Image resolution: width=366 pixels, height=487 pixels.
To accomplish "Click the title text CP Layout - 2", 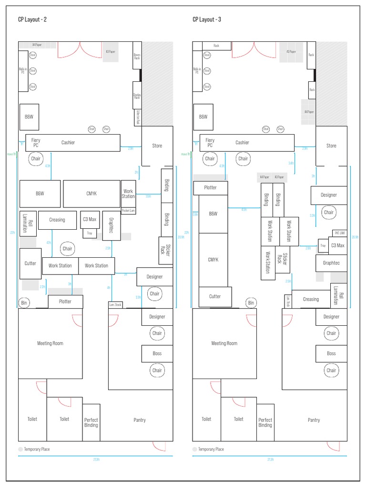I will (x=32, y=19).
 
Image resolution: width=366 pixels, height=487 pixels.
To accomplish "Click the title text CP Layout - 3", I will (x=206, y=19).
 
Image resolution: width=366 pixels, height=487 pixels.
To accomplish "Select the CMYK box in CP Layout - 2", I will (x=91, y=194).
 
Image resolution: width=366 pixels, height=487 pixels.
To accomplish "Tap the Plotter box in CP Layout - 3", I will (x=210, y=187).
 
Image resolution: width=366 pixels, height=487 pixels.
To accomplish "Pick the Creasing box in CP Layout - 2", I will (x=57, y=220).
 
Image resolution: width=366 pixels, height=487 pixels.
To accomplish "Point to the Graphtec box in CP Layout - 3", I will (x=331, y=263).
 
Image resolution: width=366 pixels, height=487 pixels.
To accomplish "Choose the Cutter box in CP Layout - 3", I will (x=215, y=296).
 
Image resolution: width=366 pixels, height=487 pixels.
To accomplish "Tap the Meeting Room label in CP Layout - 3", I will (x=224, y=343).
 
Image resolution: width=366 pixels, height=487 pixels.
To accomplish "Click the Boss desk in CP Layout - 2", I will (x=157, y=353).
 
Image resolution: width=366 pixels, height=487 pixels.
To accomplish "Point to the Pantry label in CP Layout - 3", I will (x=314, y=420).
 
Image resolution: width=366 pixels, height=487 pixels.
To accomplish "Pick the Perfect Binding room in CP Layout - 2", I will (x=91, y=422).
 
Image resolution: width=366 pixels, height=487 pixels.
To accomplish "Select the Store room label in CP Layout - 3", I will (x=331, y=146).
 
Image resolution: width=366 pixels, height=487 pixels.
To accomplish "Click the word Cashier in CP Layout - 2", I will (x=68, y=142).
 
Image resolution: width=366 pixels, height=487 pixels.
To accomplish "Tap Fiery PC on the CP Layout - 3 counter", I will (x=210, y=143).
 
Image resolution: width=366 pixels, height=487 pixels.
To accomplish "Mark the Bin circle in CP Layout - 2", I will (x=24, y=302).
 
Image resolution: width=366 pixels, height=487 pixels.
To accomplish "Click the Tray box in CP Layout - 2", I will (x=90, y=233).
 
